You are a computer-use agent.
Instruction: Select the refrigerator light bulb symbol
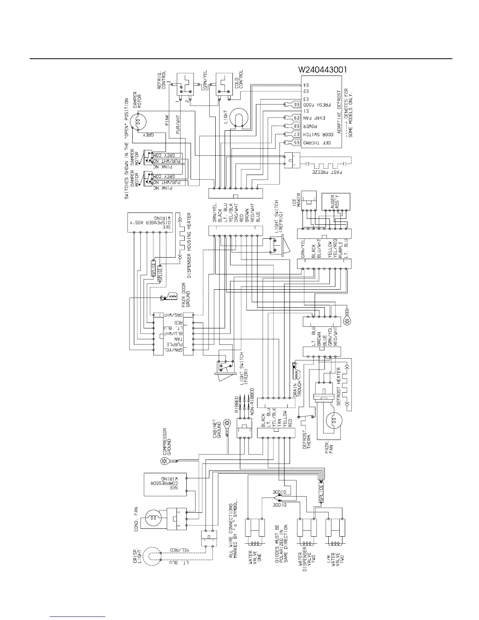[x=237, y=118]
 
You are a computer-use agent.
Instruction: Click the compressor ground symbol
[x=165, y=462]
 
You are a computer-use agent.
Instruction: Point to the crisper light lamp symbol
[x=151, y=556]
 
